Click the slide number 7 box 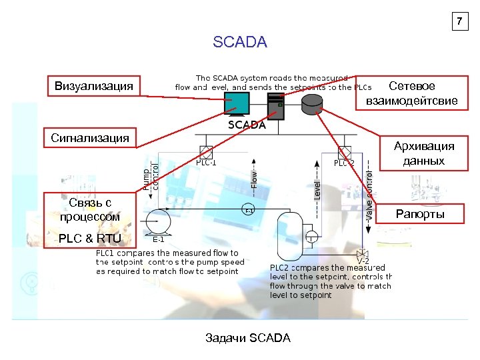click(x=458, y=21)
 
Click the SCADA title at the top click(x=240, y=43)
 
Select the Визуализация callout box click(x=93, y=86)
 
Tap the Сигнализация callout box click(x=90, y=138)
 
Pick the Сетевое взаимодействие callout click(x=411, y=93)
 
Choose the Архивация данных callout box click(x=423, y=153)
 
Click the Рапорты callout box click(x=420, y=214)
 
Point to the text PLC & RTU click(x=90, y=239)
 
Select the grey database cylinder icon click(x=311, y=103)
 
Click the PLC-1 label click(x=206, y=163)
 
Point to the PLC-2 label click(x=344, y=163)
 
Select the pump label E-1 click(x=159, y=239)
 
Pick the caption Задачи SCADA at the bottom click(x=249, y=338)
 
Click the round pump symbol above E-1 click(x=159, y=219)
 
